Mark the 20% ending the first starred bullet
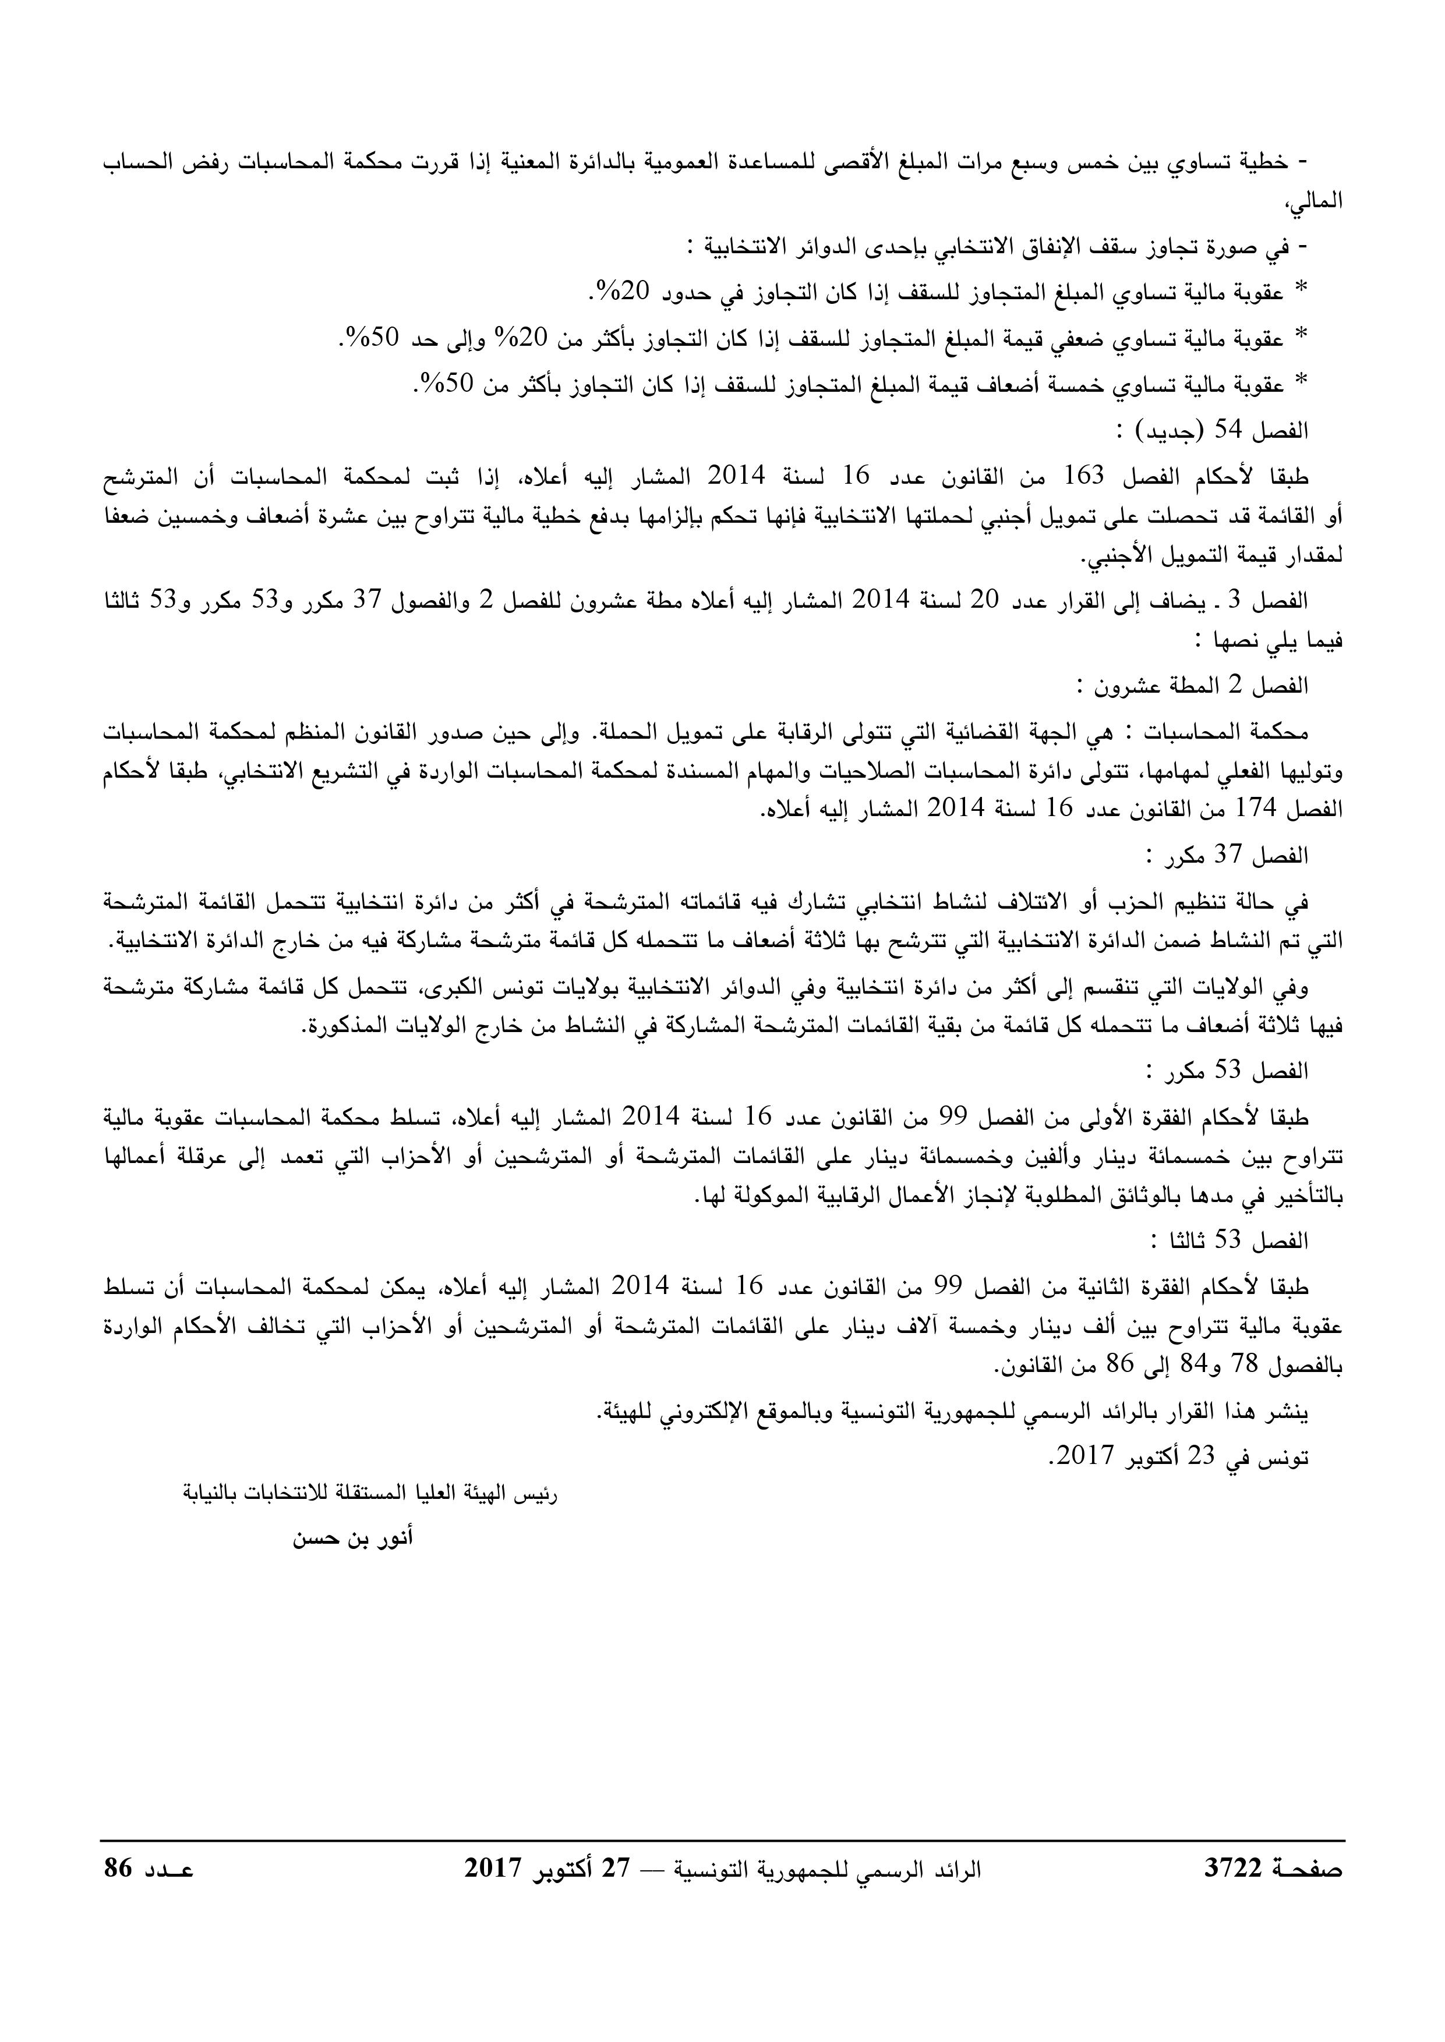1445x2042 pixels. click(612, 290)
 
